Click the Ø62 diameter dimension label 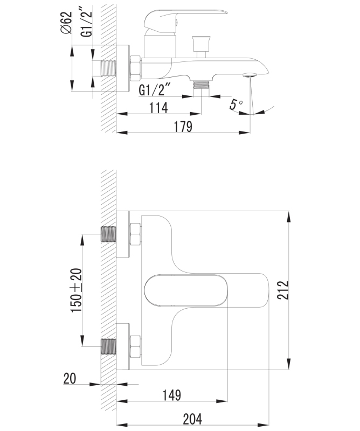[66, 23]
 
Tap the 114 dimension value [158, 108]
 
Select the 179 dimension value [183, 127]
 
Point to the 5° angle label [236, 105]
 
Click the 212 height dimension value [283, 290]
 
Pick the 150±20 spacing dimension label [76, 290]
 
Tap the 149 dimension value [172, 395]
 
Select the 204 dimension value [192, 420]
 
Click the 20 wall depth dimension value [70, 379]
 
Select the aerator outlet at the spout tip [250, 75]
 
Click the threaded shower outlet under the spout [202, 85]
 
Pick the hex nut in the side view [135, 69]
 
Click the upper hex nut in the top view [135, 234]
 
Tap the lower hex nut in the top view [135, 346]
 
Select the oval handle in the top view [186, 290]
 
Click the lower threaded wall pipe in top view [109, 346]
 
